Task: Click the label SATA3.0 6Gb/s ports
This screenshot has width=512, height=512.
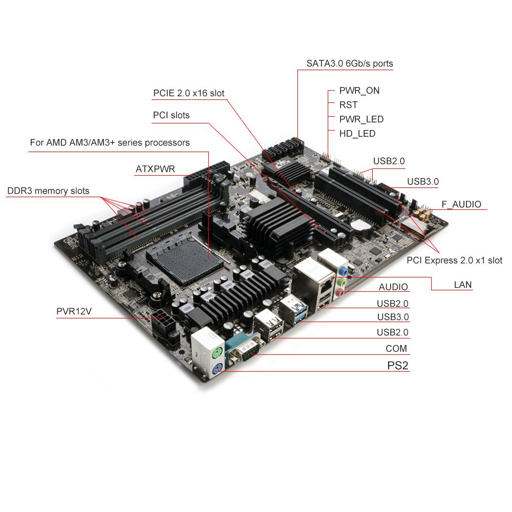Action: (x=350, y=63)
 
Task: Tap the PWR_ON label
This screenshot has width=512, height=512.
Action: (x=359, y=91)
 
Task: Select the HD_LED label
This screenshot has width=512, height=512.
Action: (x=357, y=134)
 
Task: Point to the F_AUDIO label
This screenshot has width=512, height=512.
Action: (x=461, y=204)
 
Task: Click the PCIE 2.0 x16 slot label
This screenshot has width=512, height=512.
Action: (x=189, y=93)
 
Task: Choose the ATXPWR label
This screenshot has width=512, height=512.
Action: (x=155, y=169)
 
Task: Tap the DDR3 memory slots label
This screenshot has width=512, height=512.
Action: (x=48, y=191)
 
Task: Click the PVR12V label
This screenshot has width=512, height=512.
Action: (x=74, y=312)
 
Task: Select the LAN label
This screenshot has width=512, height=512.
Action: (x=463, y=285)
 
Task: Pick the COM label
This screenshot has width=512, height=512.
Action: (x=396, y=349)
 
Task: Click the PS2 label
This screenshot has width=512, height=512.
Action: (x=397, y=366)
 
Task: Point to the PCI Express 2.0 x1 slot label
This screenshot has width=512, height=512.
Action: (x=455, y=260)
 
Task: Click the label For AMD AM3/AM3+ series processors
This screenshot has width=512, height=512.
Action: (x=110, y=142)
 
